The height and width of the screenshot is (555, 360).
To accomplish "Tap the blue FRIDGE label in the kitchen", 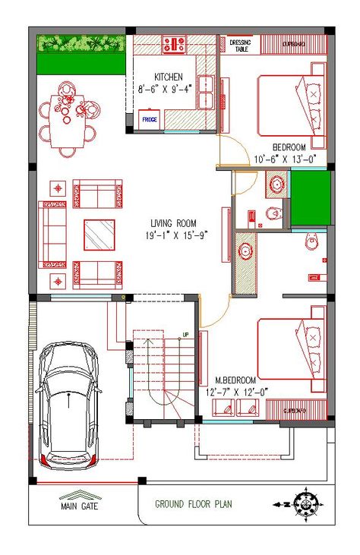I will (149, 118).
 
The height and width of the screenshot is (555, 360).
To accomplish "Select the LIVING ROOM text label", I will (173, 222).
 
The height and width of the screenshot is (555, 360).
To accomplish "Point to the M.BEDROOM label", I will (235, 379).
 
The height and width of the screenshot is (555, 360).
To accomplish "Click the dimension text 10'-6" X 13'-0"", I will (285, 159).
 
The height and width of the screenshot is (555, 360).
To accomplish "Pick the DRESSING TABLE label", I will (239, 46).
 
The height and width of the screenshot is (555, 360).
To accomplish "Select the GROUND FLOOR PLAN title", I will (194, 503).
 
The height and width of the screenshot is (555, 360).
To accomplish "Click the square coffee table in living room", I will (99, 234).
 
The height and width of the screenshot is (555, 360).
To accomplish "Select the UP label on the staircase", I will (185, 334).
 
